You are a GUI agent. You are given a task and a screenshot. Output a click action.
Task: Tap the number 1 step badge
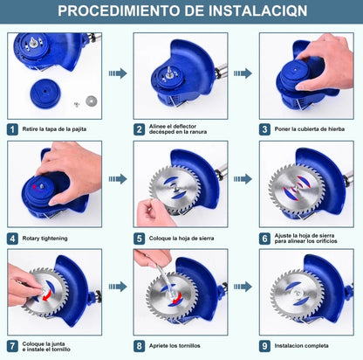click(12, 128)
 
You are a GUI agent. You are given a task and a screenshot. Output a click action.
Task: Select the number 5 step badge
click(138, 238)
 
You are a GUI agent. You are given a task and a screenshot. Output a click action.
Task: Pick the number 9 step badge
click(265, 346)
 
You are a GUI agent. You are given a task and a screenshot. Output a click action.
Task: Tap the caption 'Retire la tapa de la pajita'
click(54, 128)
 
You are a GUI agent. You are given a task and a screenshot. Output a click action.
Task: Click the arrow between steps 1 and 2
click(116, 74)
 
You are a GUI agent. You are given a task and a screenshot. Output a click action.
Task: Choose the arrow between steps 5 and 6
click(243, 179)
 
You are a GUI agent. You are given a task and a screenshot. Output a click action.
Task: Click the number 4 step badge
click(12, 238)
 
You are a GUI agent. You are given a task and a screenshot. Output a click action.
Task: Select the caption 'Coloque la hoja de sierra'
click(182, 238)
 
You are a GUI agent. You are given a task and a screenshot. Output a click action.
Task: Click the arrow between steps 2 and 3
click(243, 74)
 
